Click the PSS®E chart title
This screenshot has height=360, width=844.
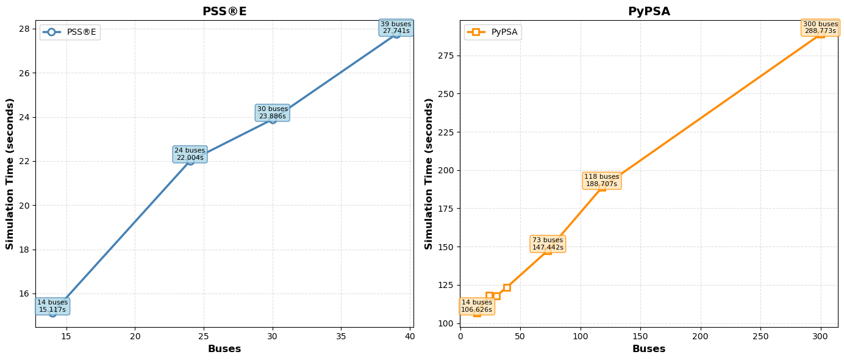pyautogui.click(x=224, y=12)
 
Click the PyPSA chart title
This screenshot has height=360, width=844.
pyautogui.click(x=649, y=12)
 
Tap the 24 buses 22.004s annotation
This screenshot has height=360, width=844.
pyautogui.click(x=190, y=154)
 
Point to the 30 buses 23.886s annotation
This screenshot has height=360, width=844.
pyautogui.click(x=273, y=113)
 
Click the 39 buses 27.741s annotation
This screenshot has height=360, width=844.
pyautogui.click(x=396, y=27)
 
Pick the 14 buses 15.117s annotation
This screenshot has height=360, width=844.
pyautogui.click(x=52, y=306)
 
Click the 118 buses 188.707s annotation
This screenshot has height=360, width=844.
pyautogui.click(x=602, y=181)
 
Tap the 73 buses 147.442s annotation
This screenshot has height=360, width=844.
pyautogui.click(x=548, y=244)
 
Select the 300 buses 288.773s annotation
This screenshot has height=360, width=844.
pyautogui.click(x=821, y=27)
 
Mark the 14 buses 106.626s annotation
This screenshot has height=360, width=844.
pyautogui.click(x=477, y=306)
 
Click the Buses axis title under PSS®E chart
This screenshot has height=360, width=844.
pyautogui.click(x=224, y=349)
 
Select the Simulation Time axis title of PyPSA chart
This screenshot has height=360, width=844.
pyautogui.click(x=429, y=174)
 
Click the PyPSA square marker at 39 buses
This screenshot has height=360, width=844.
pyautogui.click(x=507, y=287)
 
